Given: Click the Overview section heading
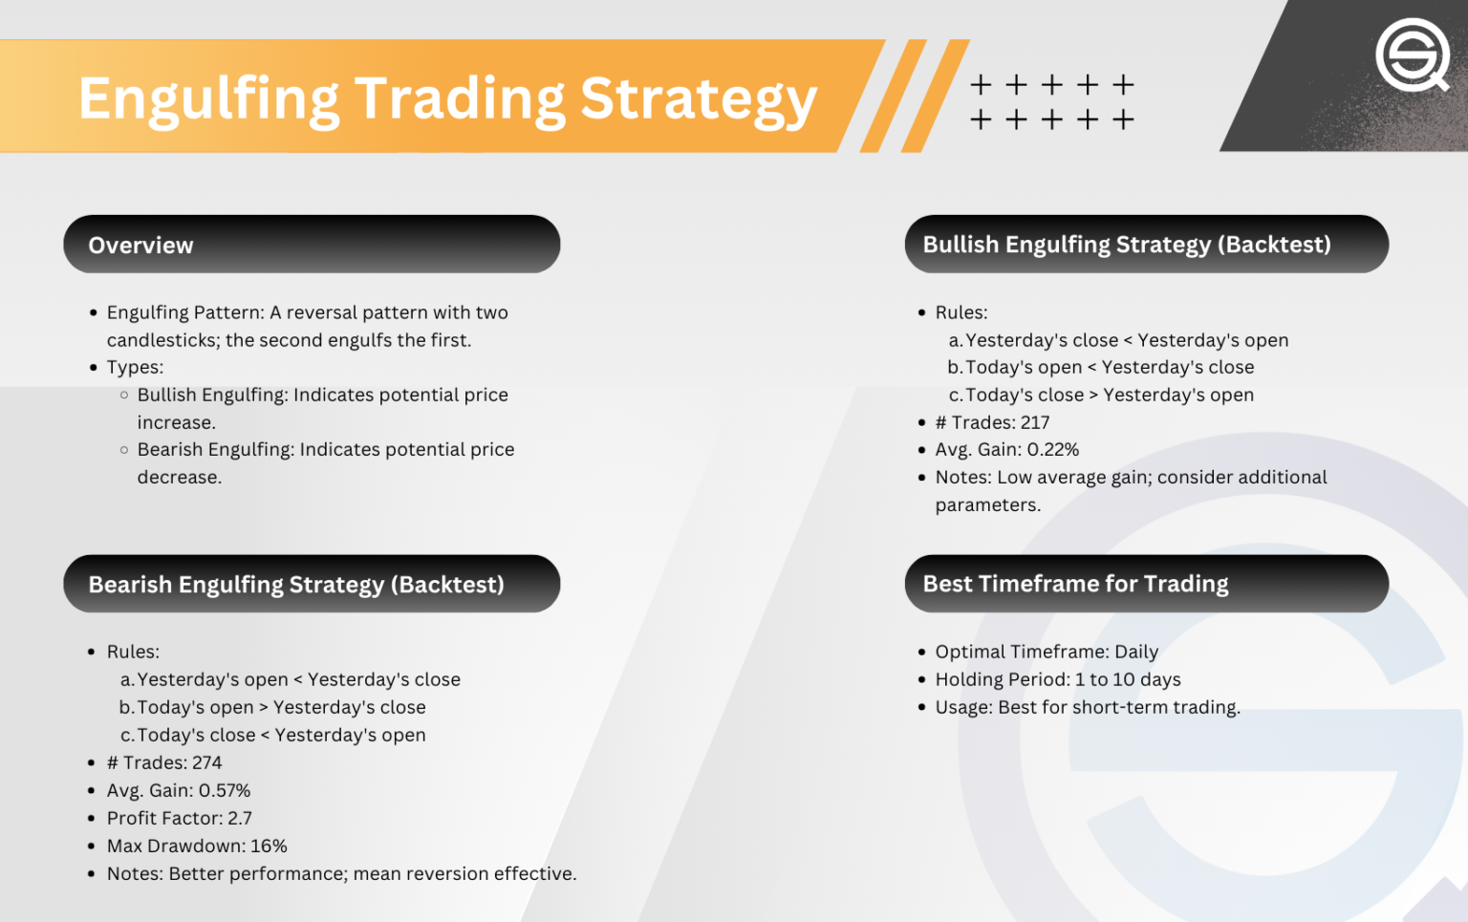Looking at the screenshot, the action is pos(140,246).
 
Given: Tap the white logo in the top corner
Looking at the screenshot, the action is pos(1413,54).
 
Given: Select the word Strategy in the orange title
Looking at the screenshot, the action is pos(699,99).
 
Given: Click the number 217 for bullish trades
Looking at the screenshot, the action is pos(1035,422).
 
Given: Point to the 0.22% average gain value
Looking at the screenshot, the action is pos(1052,449).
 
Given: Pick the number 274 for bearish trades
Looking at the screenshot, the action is pos(207,762).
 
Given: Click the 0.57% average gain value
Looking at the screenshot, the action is pos(225,790).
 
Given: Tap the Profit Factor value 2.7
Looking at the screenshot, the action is pos(240,818).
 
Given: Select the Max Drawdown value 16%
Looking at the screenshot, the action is pos(269,846).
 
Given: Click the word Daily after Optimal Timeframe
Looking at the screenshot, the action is pos(1136,653).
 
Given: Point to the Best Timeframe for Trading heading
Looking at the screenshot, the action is pos(1075,584).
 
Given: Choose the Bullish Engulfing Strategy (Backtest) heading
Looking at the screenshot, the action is pos(1127,245).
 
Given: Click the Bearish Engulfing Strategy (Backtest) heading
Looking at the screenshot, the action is pos(296,585).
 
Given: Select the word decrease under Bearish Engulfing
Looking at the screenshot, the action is pos(179,477).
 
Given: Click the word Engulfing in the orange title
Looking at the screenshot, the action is pos(207,99).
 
